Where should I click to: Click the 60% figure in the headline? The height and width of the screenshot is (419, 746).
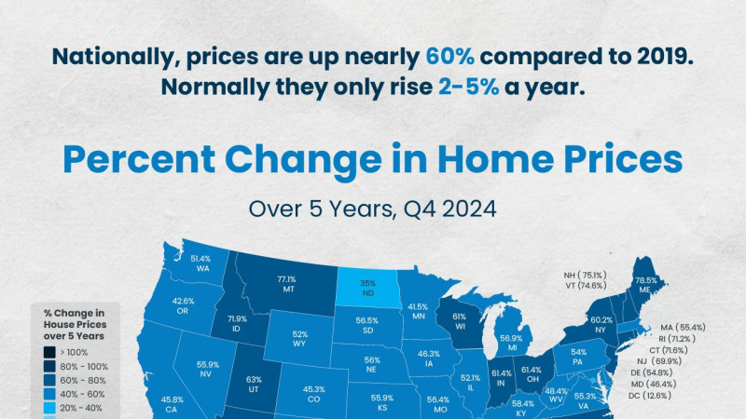tap(449, 57)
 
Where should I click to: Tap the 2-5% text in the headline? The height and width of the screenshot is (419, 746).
tap(469, 87)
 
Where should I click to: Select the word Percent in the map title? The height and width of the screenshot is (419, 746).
tap(139, 159)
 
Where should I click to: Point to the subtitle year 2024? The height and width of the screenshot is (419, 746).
tap(469, 209)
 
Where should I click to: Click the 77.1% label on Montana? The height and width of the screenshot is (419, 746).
tap(286, 279)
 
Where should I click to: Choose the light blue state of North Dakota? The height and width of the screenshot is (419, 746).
tap(367, 287)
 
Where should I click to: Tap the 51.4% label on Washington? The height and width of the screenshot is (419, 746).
tap(200, 259)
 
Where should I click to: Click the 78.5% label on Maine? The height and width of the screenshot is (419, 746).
tap(645, 280)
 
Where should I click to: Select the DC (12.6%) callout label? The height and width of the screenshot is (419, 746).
tap(650, 395)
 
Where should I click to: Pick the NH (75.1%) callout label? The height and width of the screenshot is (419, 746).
tap(586, 275)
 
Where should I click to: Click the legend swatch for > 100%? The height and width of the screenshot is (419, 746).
tap(49, 352)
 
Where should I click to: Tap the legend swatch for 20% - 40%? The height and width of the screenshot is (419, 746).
tap(49, 408)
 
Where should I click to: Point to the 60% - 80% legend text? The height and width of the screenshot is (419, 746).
tap(83, 381)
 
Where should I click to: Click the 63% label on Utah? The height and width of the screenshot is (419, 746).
tap(254, 380)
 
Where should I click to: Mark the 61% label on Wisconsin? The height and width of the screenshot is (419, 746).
tap(459, 317)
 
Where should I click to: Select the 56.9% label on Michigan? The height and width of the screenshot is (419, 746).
tap(511, 338)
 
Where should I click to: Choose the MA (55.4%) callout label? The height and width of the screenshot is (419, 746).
tap(683, 328)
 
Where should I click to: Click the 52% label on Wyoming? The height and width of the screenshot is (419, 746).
tap(299, 334)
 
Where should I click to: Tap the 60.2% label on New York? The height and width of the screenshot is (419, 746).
tap(601, 320)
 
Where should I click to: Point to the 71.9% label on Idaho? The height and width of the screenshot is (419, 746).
tap(237, 318)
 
